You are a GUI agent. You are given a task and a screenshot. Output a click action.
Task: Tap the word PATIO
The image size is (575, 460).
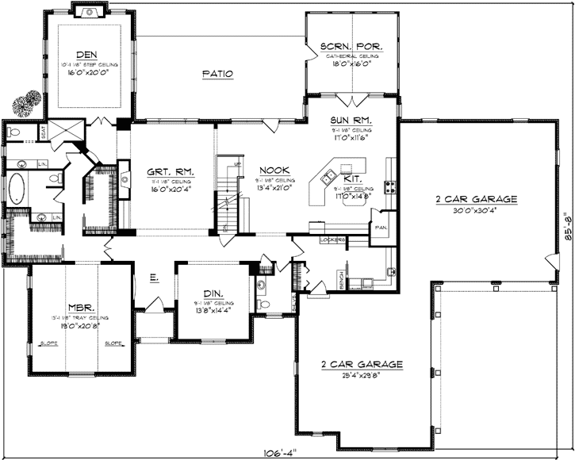click(x=217, y=74)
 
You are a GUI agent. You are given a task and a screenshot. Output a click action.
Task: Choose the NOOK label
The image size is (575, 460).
click(x=274, y=171)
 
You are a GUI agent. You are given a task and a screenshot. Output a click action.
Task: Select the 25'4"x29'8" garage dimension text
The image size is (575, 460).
click(x=362, y=376)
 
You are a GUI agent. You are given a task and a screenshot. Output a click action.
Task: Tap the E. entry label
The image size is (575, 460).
click(x=152, y=278)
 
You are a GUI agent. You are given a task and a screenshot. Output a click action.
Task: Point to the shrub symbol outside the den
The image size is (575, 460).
click(x=27, y=102)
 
